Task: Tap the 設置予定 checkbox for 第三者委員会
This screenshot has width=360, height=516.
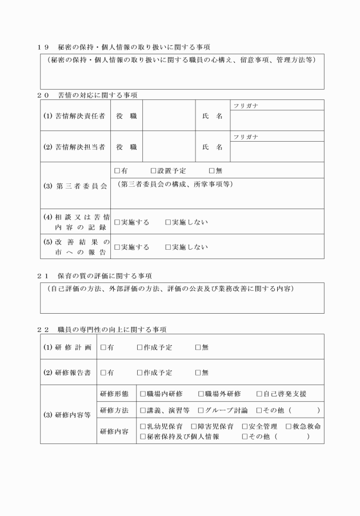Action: pyautogui.click(x=153, y=170)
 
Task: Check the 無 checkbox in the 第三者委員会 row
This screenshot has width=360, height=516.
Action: pyautogui.click(x=212, y=170)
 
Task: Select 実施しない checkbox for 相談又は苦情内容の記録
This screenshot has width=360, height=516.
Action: pyautogui.click(x=168, y=222)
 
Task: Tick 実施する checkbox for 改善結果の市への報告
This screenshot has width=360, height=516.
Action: pyautogui.click(x=117, y=247)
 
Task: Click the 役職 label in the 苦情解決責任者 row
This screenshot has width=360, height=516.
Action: pyautogui.click(x=126, y=116)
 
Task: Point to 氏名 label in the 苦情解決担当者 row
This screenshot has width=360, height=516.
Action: pyautogui.click(x=213, y=147)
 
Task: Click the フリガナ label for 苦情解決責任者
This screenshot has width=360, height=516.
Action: pyautogui.click(x=245, y=106)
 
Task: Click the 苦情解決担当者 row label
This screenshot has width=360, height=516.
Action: pyautogui.click(x=75, y=147)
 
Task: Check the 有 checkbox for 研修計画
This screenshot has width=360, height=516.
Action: pyautogui.click(x=103, y=347)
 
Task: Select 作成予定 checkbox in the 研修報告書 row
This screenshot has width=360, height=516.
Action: pyautogui.click(x=140, y=373)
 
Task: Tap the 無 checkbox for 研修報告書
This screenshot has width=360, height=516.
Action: pyautogui.click(x=198, y=373)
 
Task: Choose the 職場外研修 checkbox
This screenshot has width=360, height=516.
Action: pyautogui.click(x=201, y=394)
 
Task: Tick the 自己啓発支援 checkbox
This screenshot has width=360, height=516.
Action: pyautogui.click(x=259, y=394)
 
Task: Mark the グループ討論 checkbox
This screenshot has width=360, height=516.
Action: pyautogui.click(x=201, y=410)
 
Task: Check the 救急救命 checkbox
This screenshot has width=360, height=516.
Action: pyautogui.click(x=288, y=426)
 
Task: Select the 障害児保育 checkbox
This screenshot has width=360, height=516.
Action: pyautogui.click(x=194, y=426)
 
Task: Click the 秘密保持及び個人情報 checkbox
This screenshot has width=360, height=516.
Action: pyautogui.click(x=143, y=437)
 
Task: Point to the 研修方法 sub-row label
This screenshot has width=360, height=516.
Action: pyautogui.click(x=114, y=410)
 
